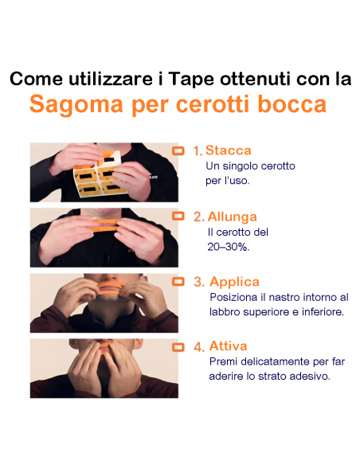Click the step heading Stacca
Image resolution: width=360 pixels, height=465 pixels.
[228, 150]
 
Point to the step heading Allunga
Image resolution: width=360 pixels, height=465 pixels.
[232, 216]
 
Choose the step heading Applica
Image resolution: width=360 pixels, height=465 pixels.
[234, 281]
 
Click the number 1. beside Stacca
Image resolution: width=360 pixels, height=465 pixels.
[198, 150]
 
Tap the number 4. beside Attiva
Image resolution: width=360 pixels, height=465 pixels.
[198, 347]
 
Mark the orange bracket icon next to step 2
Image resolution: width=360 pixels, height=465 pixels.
[178, 215]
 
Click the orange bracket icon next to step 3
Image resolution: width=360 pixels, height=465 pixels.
[178, 280]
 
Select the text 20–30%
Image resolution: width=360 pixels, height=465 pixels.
[223, 247]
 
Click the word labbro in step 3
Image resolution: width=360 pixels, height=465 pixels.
[226, 311]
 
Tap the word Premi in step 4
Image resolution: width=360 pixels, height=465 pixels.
[224, 361]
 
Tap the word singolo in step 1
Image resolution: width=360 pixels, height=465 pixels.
[245, 166]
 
